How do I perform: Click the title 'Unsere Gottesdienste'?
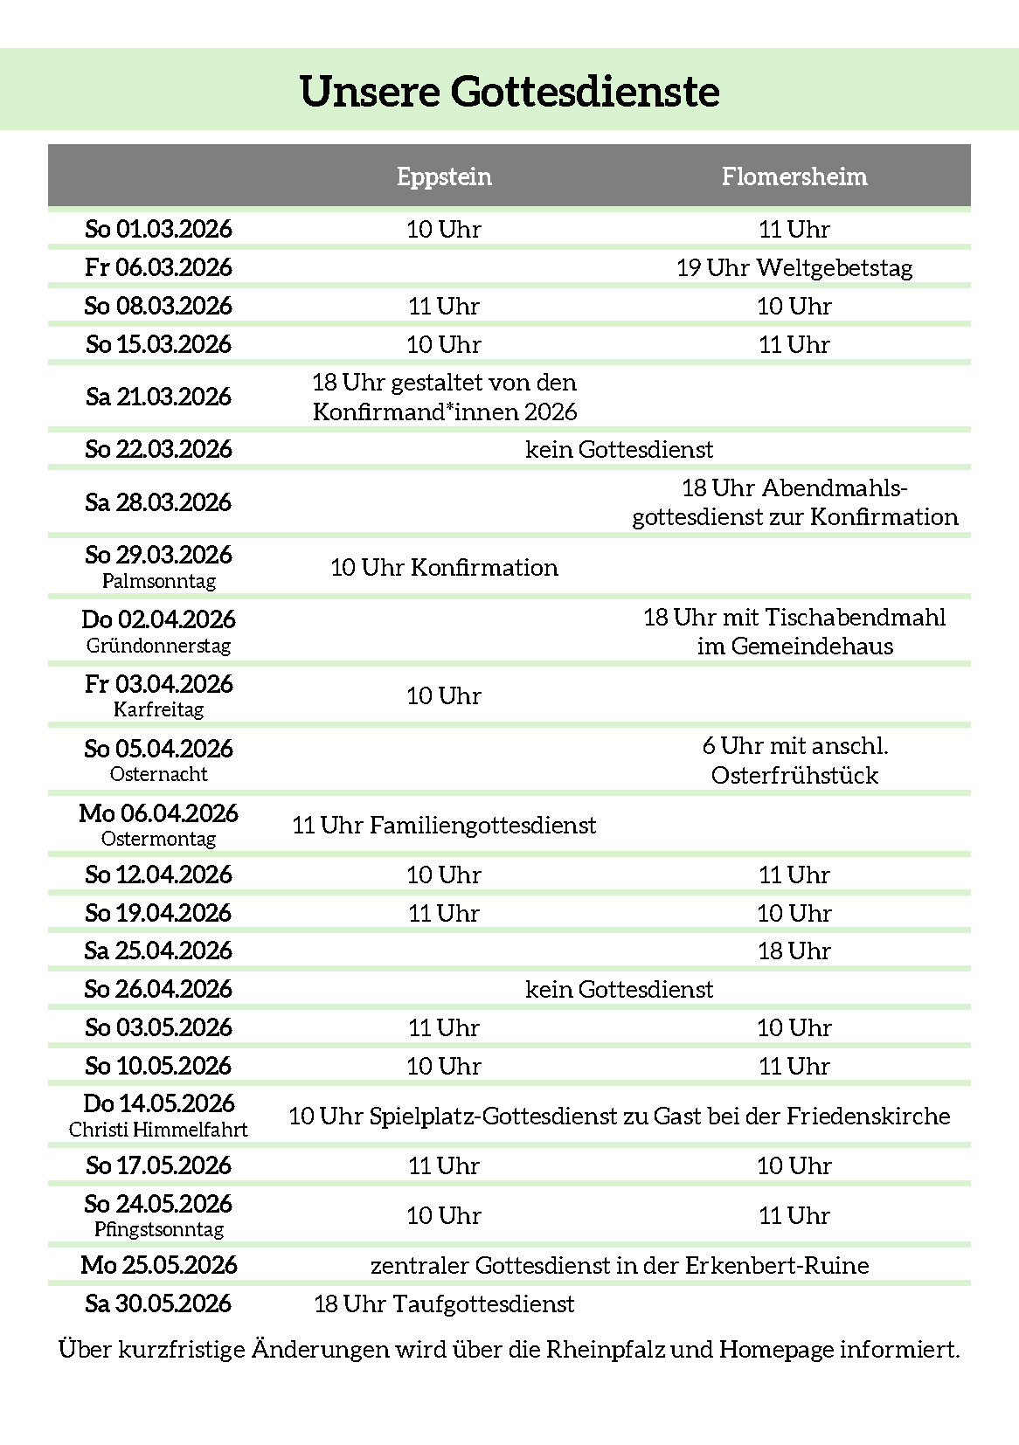(509, 92)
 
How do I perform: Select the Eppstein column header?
(444, 176)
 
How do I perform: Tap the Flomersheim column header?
(794, 176)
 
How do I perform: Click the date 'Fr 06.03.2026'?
(159, 267)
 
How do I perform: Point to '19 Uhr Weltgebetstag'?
(794, 267)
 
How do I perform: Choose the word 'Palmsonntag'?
(159, 581)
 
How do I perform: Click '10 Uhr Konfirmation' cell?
(444, 568)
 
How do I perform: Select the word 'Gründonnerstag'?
(159, 646)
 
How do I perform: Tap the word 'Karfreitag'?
(159, 709)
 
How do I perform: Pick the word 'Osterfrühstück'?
(794, 776)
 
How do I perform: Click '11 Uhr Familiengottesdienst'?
(444, 826)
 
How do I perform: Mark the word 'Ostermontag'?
(159, 839)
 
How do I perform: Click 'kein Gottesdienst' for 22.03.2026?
(619, 450)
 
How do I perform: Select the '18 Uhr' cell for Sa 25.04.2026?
(794, 951)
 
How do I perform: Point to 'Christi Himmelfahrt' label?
(159, 1130)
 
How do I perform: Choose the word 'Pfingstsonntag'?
(159, 1229)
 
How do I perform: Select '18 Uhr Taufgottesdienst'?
(444, 1304)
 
